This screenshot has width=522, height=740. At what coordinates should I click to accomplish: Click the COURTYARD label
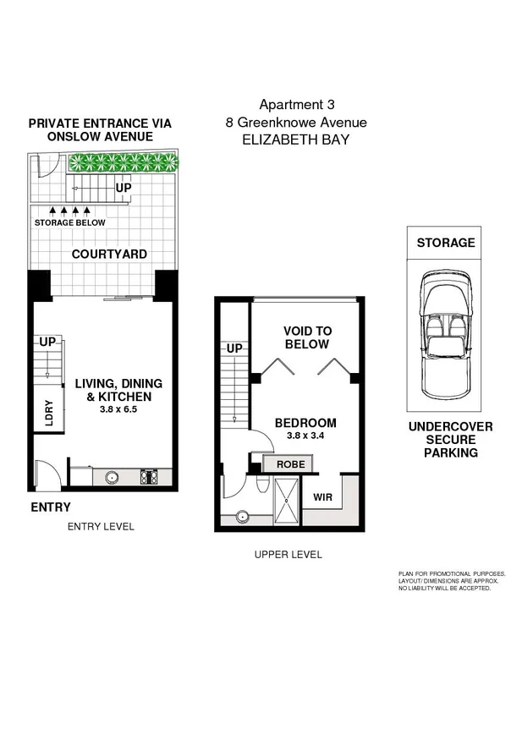pyautogui.click(x=109, y=254)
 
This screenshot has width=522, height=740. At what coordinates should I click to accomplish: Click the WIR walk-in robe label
pyautogui.click(x=322, y=498)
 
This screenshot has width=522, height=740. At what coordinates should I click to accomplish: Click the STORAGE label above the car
pyautogui.click(x=445, y=243)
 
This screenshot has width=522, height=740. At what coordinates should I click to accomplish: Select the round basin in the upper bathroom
pyautogui.click(x=244, y=515)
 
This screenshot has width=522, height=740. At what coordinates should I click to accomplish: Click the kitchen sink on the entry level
pyautogui.click(x=112, y=477)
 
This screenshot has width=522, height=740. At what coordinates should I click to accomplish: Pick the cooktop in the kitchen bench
pyautogui.click(x=149, y=477)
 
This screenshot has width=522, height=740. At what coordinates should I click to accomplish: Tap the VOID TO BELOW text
pyautogui.click(x=308, y=338)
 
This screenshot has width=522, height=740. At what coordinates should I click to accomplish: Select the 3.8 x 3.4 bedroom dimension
pyautogui.click(x=305, y=436)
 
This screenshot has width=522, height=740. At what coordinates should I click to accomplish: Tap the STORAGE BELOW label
pyautogui.click(x=70, y=223)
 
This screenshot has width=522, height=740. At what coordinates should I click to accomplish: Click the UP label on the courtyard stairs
pyautogui.click(x=124, y=188)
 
